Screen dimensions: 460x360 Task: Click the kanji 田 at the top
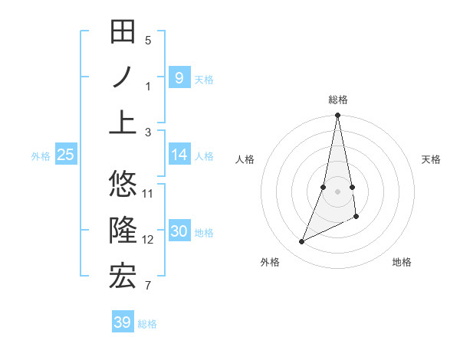pos(123,33)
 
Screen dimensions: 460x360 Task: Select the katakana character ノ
pos(123,77)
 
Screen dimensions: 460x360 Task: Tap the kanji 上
pos(123,122)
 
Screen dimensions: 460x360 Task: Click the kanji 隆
pos(123,230)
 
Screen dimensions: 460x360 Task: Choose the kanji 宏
pos(123,276)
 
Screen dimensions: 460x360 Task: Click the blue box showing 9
pos(179,77)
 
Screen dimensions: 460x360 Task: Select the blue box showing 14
pos(179,155)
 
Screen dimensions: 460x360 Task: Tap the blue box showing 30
pos(179,232)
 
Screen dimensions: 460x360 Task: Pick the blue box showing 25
pos(66,155)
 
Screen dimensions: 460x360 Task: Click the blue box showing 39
pos(122,322)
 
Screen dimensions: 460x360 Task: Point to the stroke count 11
pos(148,193)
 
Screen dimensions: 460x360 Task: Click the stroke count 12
pos(148,240)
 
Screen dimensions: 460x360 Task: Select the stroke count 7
pos(148,286)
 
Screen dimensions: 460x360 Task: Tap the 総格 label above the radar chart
pos(337,100)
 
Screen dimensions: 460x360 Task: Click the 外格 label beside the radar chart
pos(270,262)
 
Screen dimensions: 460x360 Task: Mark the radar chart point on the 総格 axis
pos(337,116)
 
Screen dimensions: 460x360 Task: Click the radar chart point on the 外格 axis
pos(301,242)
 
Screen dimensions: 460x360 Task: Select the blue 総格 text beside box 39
pos(147,324)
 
